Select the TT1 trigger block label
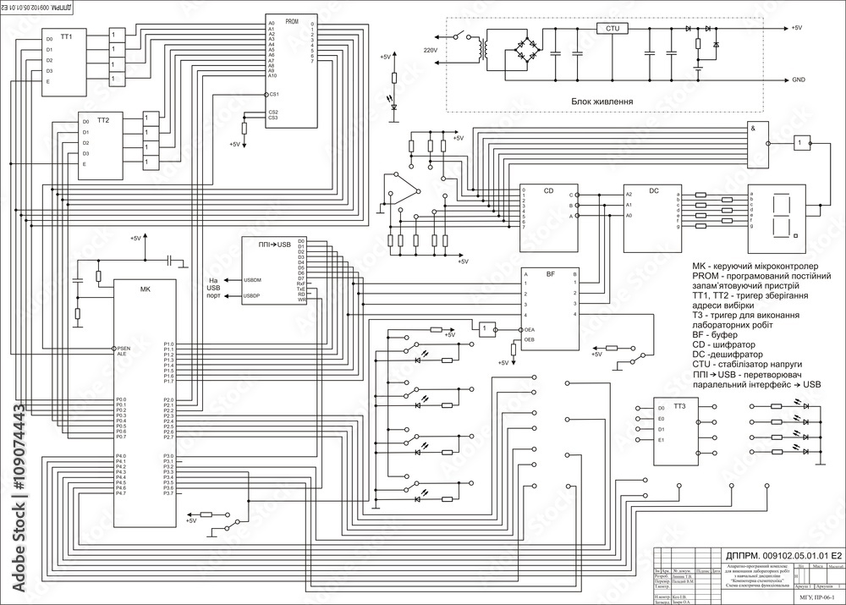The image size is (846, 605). coord(66,37)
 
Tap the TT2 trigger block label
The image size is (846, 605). coord(103,121)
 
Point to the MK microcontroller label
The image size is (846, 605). coord(145,289)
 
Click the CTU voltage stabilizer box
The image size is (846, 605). coord(613,28)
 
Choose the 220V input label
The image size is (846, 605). coord(431,50)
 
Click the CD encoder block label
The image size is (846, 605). coord(548,190)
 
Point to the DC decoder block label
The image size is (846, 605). coord(654,190)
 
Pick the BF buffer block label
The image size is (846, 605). coord(550,274)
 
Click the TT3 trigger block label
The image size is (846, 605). coord(679,407)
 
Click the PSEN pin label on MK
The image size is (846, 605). coord(124,349)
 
